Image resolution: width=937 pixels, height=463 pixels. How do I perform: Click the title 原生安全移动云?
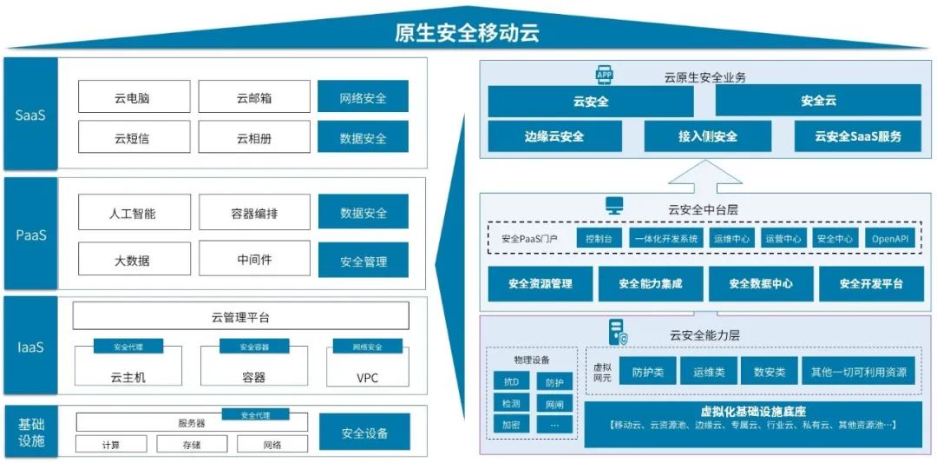pyautogui.click(x=467, y=33)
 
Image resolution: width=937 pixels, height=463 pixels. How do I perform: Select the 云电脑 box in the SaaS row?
pyautogui.click(x=134, y=97)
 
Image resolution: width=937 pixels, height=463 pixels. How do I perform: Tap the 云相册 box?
pyautogui.click(x=253, y=137)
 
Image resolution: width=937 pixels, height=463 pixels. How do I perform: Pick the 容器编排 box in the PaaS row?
pyautogui.click(x=253, y=212)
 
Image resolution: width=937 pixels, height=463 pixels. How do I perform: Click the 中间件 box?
pyautogui.click(x=253, y=258)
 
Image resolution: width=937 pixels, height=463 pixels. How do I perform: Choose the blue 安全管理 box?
pyautogui.click(x=363, y=261)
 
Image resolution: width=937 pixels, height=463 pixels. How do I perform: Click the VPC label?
pyautogui.click(x=367, y=378)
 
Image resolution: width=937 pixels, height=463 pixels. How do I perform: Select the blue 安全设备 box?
pyautogui.click(x=363, y=433)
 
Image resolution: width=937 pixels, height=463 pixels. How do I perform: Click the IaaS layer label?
pyautogui.click(x=30, y=347)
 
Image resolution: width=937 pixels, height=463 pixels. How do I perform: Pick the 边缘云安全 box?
pyautogui.click(x=554, y=136)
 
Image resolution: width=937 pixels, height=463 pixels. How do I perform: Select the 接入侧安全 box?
pyautogui.click(x=707, y=136)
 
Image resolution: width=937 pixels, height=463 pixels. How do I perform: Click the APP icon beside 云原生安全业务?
pyautogui.click(x=604, y=76)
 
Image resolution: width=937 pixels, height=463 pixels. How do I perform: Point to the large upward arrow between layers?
pyautogui.click(x=706, y=175)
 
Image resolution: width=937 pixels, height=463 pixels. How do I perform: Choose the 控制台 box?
pyautogui.click(x=599, y=238)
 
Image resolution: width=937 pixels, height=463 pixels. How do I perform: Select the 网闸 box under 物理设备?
pyautogui.click(x=554, y=403)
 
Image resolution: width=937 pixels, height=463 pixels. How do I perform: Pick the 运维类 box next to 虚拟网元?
pyautogui.click(x=708, y=372)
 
